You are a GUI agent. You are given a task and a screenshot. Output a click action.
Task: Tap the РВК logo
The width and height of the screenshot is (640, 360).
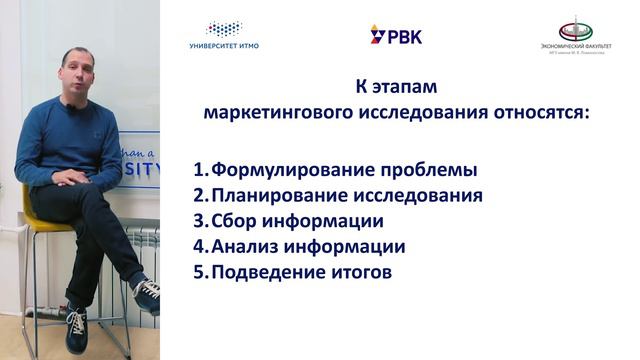pos(396,36)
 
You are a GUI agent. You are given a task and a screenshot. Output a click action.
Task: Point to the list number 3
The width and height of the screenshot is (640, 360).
pos(200,221)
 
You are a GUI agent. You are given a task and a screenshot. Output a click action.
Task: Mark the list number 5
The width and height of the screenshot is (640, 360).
pos(200,272)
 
